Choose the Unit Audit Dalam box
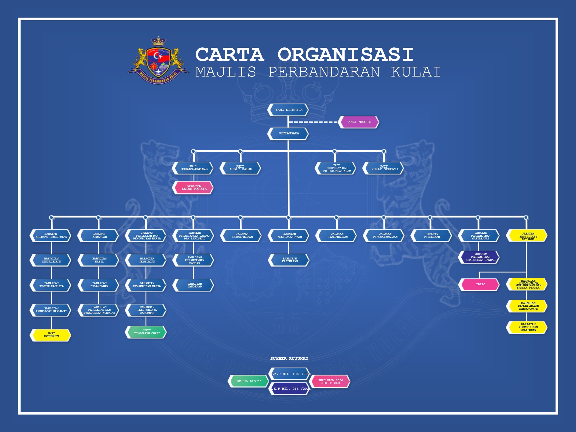tap(240, 168)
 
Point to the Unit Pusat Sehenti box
tap(383, 168)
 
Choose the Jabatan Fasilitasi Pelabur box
tap(527, 236)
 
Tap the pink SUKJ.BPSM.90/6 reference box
tap(330, 382)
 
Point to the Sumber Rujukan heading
tap(289, 358)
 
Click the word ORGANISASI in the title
tap(345, 55)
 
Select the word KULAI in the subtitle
tap(416, 72)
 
